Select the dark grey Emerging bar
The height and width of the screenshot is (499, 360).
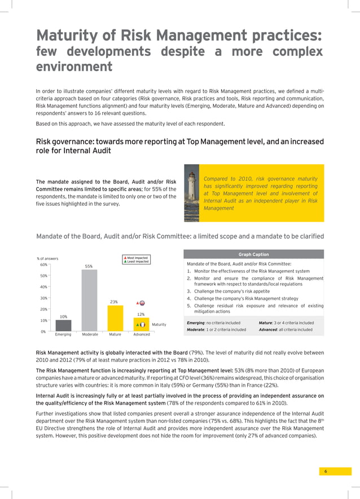click(x=63, y=325)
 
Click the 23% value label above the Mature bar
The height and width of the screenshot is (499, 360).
click(x=114, y=302)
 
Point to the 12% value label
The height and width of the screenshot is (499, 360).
click(x=141, y=314)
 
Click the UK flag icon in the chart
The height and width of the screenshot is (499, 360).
click(x=142, y=303)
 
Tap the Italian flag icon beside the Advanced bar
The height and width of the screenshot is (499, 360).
click(x=143, y=324)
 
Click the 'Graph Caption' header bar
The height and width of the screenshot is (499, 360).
click(x=253, y=254)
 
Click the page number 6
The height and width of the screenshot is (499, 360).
click(x=326, y=471)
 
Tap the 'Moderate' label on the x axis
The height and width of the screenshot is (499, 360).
click(x=90, y=334)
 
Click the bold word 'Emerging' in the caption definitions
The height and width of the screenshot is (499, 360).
click(x=196, y=323)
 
